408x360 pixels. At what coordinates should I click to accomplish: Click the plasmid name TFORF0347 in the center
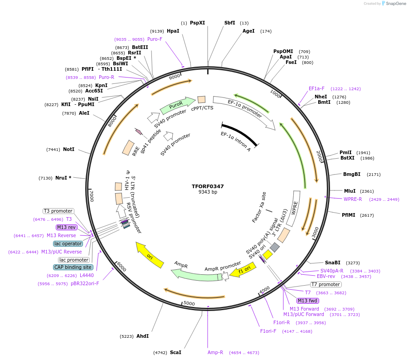click(208, 186)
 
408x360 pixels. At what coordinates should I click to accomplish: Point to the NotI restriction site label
click(68, 149)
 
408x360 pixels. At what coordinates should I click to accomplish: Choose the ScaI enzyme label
click(175, 352)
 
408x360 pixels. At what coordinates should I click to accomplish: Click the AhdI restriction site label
click(142, 336)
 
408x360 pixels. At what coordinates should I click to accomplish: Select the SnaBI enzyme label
click(333, 263)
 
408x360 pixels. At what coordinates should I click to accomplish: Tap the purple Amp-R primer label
click(215, 352)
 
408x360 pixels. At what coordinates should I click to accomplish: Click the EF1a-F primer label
click(316, 89)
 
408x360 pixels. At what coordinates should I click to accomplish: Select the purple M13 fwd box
click(308, 301)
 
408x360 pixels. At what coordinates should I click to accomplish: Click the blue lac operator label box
click(68, 243)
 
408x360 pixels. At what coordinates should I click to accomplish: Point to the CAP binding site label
click(73, 267)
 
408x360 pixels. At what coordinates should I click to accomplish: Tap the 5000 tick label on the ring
click(189, 303)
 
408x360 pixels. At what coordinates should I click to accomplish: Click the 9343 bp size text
click(208, 192)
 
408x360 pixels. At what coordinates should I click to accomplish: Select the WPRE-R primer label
click(353, 199)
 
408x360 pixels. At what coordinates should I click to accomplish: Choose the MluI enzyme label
click(350, 191)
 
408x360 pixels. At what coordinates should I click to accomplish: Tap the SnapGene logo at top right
click(392, 4)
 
